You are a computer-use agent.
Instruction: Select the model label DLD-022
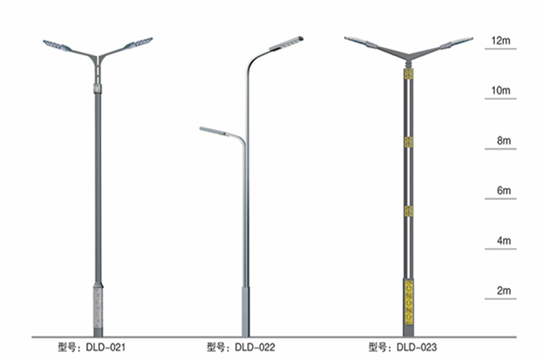click(x=240, y=347)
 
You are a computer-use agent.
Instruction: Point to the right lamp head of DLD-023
click(x=457, y=42)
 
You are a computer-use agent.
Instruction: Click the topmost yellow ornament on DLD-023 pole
click(x=408, y=74)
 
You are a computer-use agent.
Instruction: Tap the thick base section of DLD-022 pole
click(x=245, y=311)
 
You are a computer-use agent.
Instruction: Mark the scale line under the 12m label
click(x=501, y=49)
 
